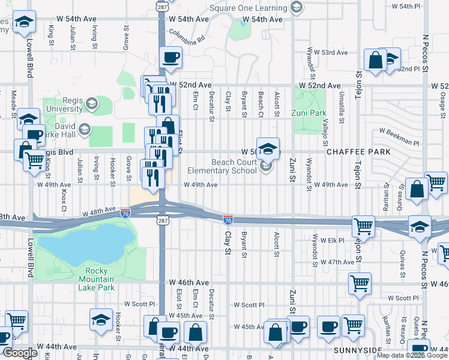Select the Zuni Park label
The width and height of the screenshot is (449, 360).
point(309,112)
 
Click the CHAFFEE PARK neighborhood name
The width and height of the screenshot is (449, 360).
point(358,152)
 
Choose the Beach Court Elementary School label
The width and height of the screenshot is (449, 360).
point(229,166)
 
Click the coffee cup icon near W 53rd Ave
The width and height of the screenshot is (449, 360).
point(171,57)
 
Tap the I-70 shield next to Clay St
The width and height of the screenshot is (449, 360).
point(228,220)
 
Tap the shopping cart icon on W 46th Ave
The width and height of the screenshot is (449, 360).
point(360,282)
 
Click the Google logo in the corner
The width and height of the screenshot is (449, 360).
point(19,353)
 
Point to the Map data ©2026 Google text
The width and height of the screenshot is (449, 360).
point(411,355)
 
